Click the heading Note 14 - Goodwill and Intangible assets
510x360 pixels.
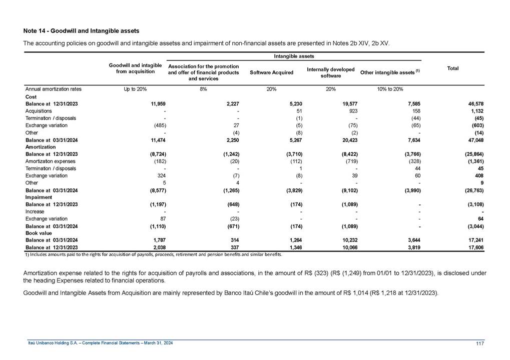pos(81,31)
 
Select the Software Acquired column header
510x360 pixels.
pos(271,72)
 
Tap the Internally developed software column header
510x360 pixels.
pos(330,72)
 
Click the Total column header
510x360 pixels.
pos(453,68)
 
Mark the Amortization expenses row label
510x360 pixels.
pos(50,161)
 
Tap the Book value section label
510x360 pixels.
pos(39,233)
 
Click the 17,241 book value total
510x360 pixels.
pos(474,240)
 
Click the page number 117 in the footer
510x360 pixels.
pos(479,342)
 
